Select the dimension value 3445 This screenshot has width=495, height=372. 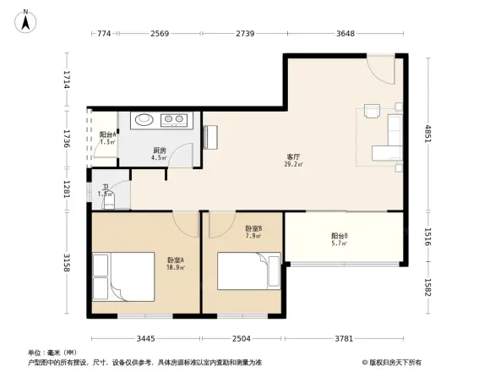tap(146, 338)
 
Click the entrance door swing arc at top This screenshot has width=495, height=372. tap(378, 68)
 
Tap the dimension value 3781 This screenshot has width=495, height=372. tap(345, 338)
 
